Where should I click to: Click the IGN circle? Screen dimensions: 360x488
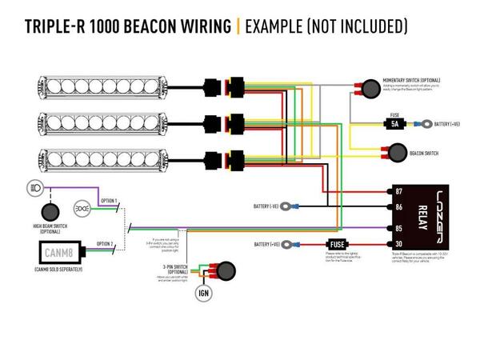point(203,293)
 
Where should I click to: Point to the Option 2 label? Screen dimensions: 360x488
point(105,243)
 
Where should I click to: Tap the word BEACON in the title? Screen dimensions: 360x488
point(145,26)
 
